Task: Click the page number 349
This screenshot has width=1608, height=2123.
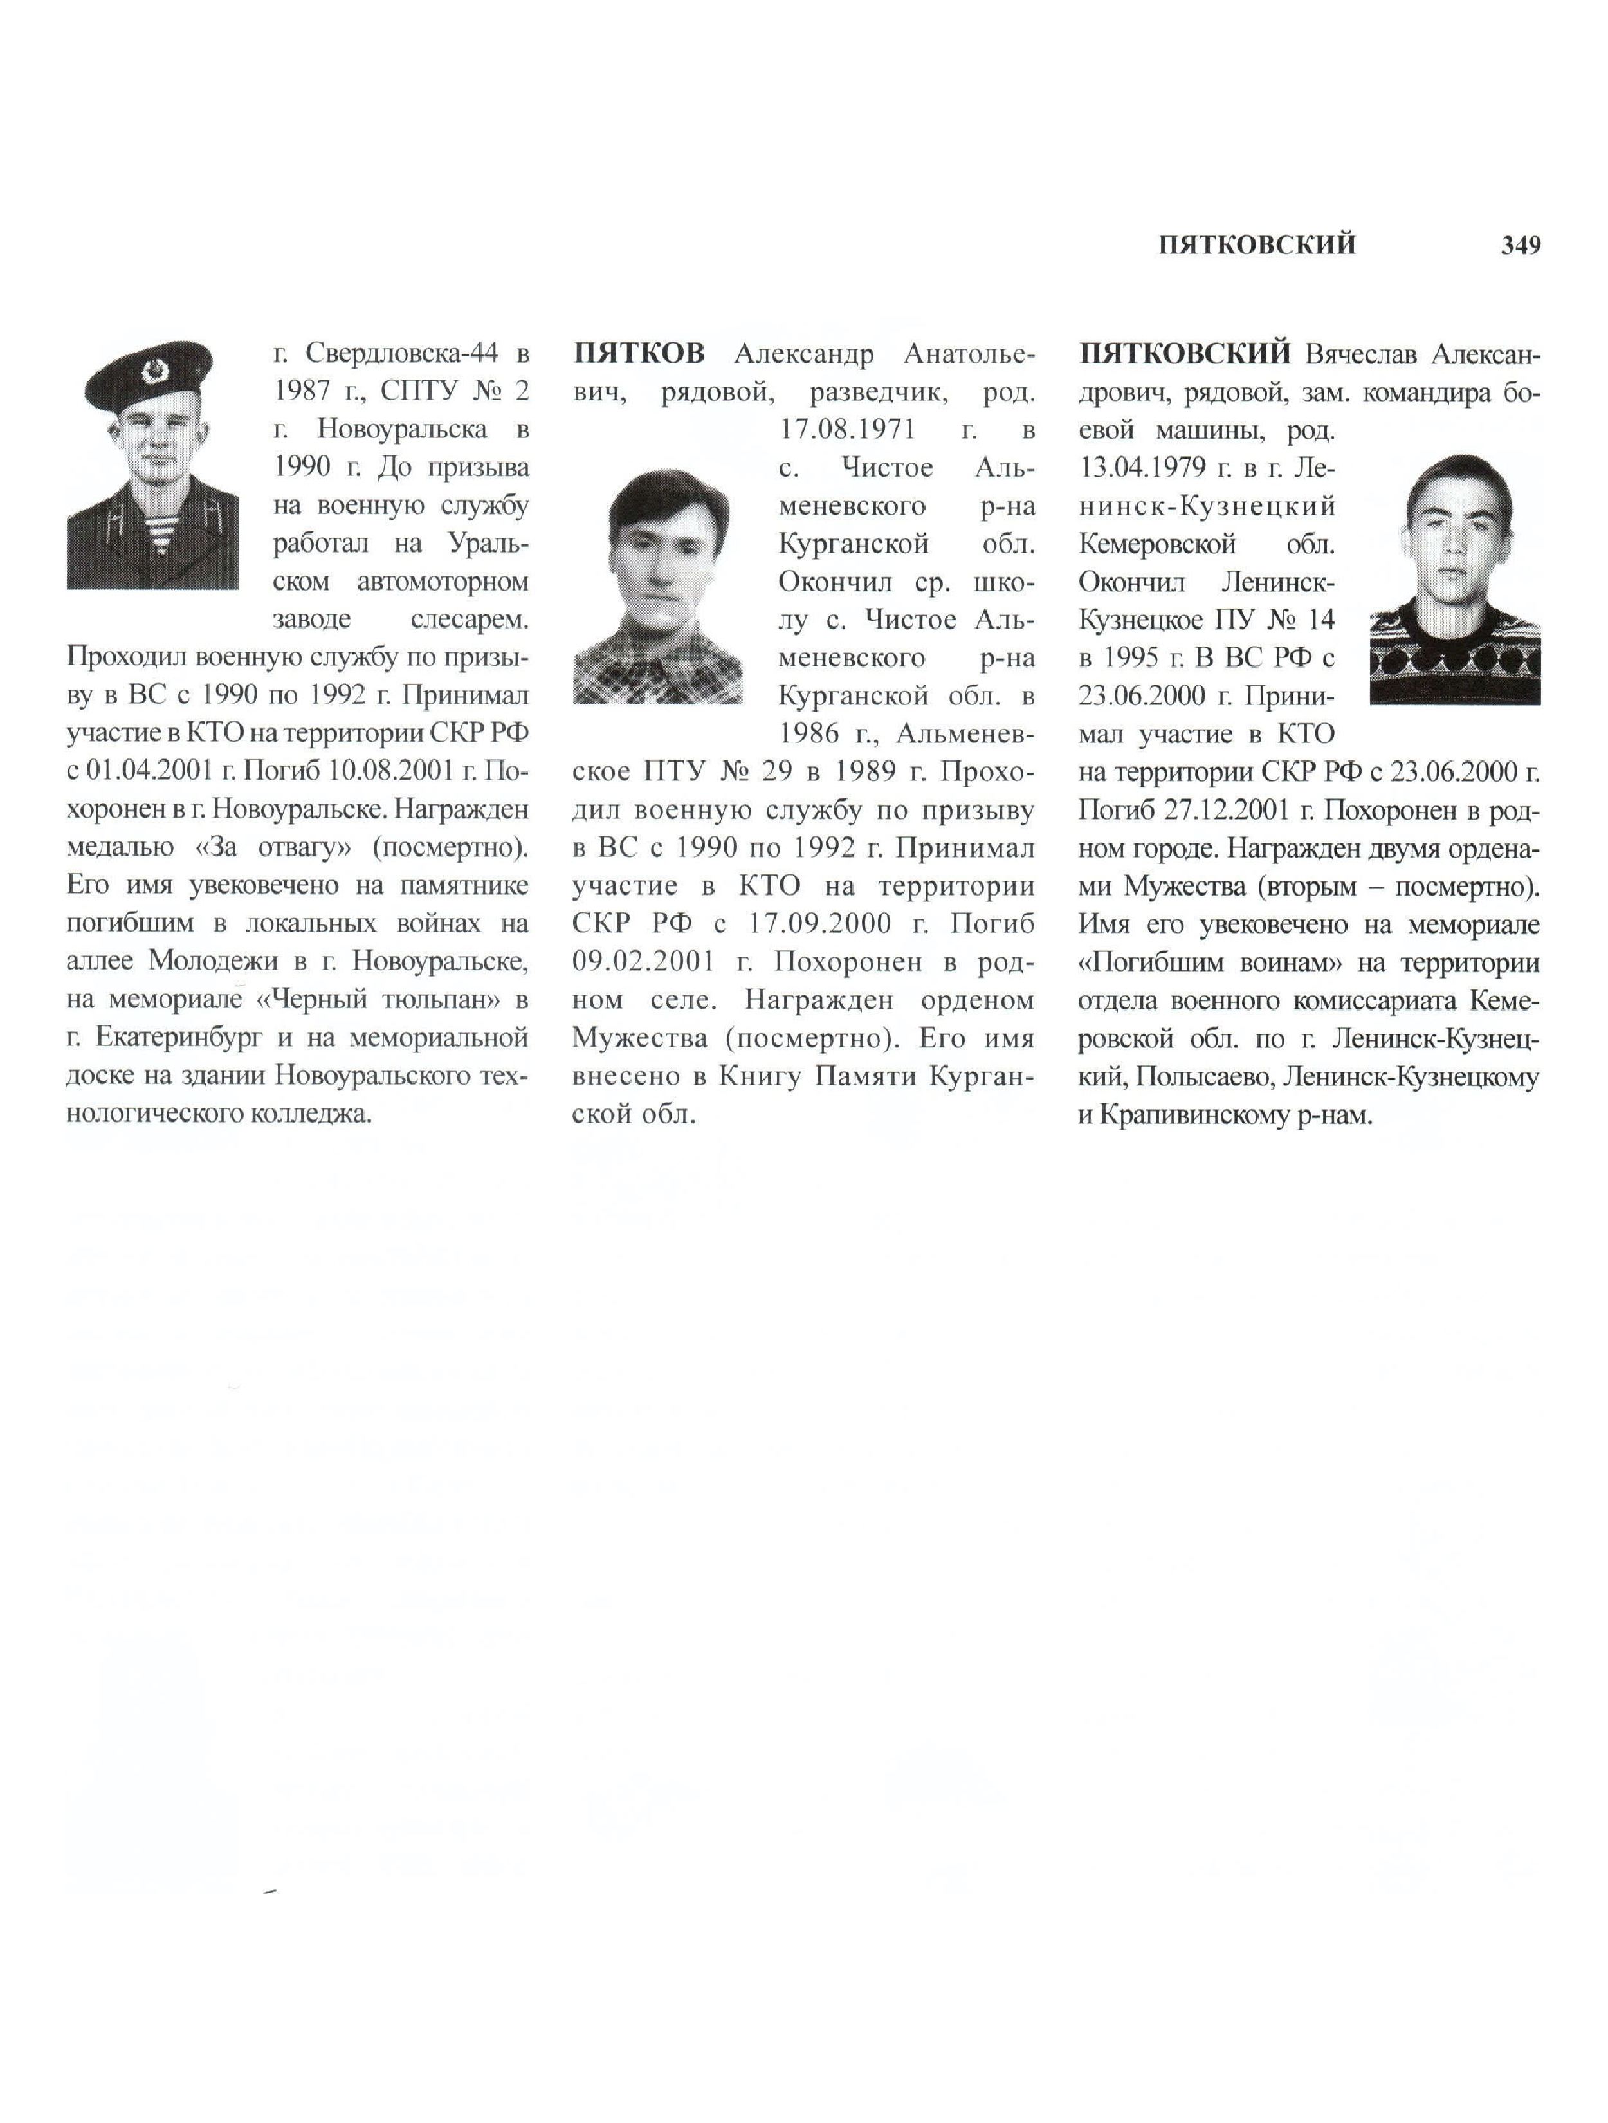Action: [x=1520, y=246]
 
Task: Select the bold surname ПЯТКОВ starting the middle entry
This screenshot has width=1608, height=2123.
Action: [x=639, y=354]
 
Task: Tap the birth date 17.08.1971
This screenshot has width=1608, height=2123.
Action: [x=847, y=430]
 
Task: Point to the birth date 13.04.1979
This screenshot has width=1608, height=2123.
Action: [x=1142, y=468]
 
